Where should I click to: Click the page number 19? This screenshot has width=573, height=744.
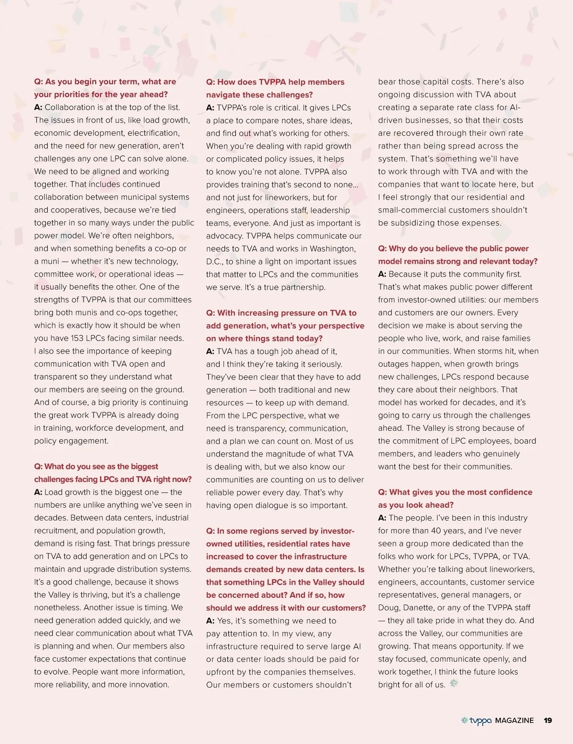pos(548,720)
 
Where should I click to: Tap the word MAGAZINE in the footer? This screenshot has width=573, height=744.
pos(514,720)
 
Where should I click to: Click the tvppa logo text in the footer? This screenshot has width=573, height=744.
pos(480,721)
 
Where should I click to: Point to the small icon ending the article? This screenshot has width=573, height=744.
pos(454,683)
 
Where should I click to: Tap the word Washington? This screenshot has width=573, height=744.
pos(332,248)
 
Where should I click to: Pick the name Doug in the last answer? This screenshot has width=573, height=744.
pos(389,607)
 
